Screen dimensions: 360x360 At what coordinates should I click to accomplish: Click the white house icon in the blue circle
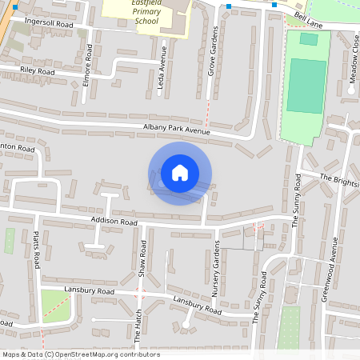(x=180, y=172)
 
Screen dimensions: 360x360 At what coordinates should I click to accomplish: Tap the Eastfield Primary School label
(x=142, y=13)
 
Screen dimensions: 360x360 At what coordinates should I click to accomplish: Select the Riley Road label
(x=38, y=71)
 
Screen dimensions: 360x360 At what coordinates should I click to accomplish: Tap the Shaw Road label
(x=142, y=258)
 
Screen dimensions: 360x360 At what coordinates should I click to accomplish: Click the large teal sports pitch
(x=306, y=84)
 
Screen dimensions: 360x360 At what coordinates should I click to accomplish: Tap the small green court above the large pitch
(x=308, y=38)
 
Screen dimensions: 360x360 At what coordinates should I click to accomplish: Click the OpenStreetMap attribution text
(x=80, y=354)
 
